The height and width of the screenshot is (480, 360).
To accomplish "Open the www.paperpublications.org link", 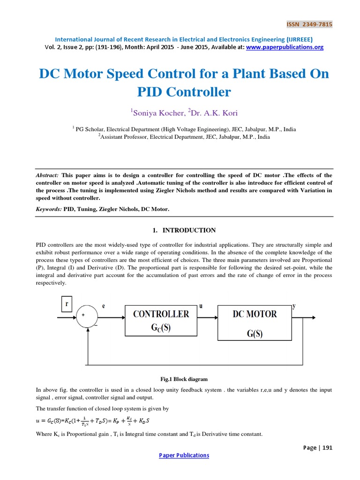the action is point(285,47).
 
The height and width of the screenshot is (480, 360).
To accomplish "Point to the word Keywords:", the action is point(49,210).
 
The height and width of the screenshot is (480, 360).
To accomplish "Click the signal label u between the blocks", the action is point(201,305).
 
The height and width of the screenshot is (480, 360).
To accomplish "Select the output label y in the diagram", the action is point(294,306).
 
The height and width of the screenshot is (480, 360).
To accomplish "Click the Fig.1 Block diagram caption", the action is point(184,379).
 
